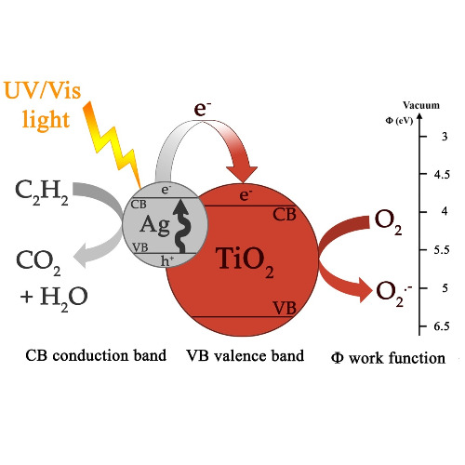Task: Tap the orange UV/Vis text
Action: coord(43,91)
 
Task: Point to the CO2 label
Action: coord(38,263)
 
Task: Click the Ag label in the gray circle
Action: coord(154,225)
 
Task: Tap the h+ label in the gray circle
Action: coord(167,260)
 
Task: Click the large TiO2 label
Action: coord(245,261)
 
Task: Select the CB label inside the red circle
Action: coord(285,215)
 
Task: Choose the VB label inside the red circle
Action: coord(285,309)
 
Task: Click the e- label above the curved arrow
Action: coord(203,109)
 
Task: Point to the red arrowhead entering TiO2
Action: coord(242,175)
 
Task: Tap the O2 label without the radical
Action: coord(388,222)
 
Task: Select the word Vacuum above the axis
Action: coord(421,105)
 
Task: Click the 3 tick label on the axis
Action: coord(445,137)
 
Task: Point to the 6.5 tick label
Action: coord(442,326)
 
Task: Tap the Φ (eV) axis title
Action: coord(399,121)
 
